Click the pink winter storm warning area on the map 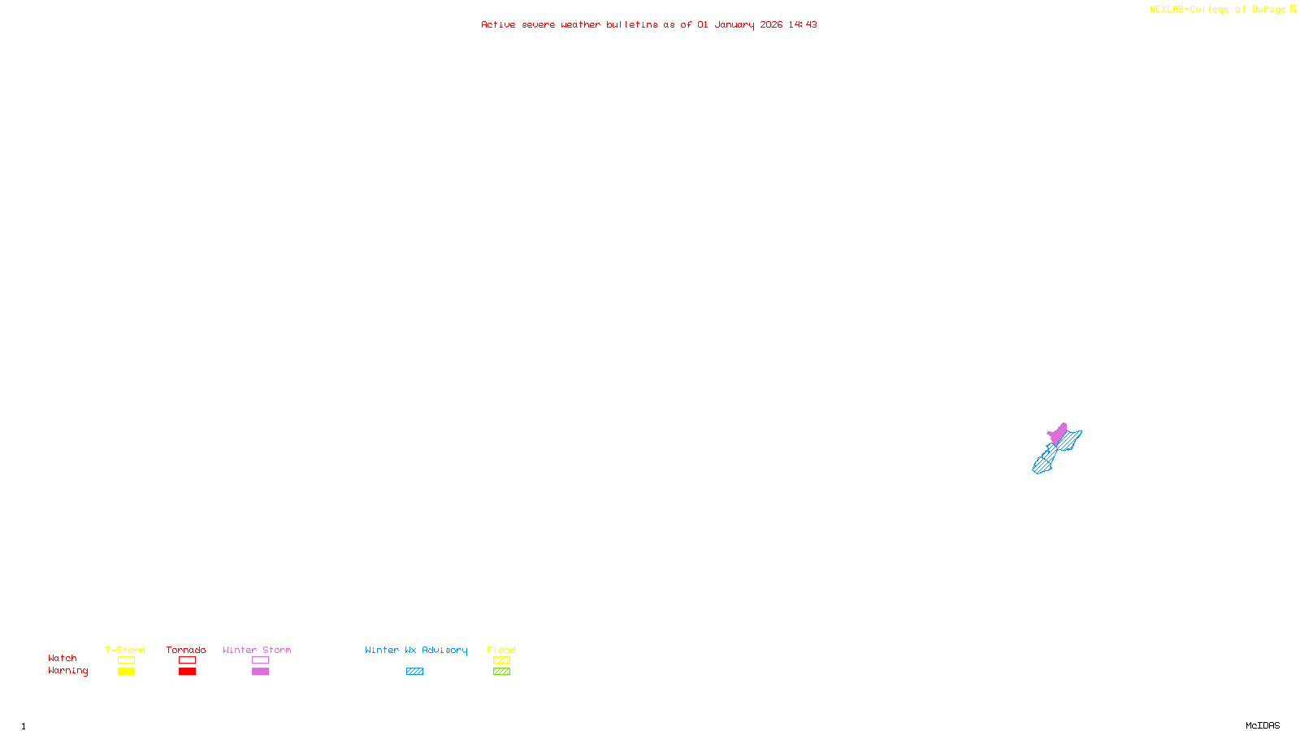tap(1058, 434)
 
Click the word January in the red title tap(734, 24)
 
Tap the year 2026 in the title tap(771, 24)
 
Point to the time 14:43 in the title tap(803, 24)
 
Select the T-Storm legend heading tap(125, 650)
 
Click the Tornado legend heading tap(186, 650)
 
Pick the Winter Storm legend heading tap(257, 650)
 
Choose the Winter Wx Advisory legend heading tap(416, 650)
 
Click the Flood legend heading tap(501, 650)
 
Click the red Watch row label tap(63, 658)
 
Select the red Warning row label tap(67, 671)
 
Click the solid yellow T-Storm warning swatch tap(126, 672)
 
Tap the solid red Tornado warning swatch tap(187, 672)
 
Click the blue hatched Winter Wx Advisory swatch tap(414, 672)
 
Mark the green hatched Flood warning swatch tap(501, 672)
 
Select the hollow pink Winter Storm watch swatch tap(260, 660)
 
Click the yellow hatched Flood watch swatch tap(501, 660)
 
